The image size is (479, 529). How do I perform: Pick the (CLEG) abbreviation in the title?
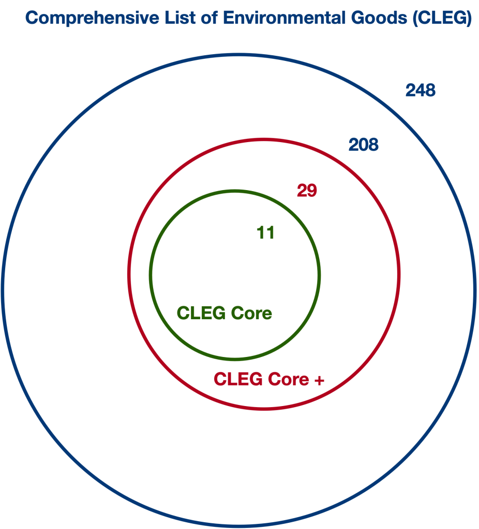click(x=442, y=19)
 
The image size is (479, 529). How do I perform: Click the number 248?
click(x=421, y=91)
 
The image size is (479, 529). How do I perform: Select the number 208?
click(x=363, y=145)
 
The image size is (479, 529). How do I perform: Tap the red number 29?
click(x=307, y=191)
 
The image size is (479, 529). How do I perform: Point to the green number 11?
click(x=265, y=233)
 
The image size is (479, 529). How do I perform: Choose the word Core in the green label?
click(x=251, y=313)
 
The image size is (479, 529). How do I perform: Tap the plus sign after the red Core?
click(x=319, y=380)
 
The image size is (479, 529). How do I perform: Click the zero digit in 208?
click(x=363, y=145)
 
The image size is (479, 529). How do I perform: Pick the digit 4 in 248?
click(x=421, y=91)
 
